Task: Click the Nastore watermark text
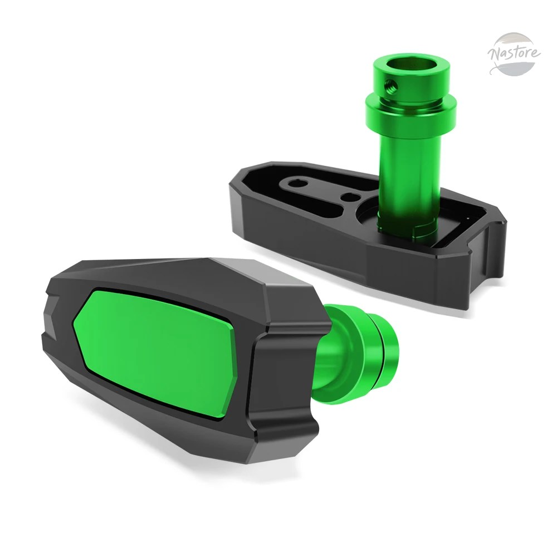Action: tap(514, 53)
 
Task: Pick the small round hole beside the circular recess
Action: tap(348, 197)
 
